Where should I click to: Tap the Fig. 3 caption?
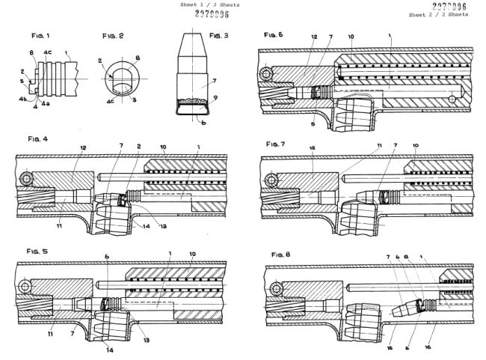click(219, 35)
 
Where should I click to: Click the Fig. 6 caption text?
click(272, 35)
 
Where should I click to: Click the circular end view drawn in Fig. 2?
click(120, 76)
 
